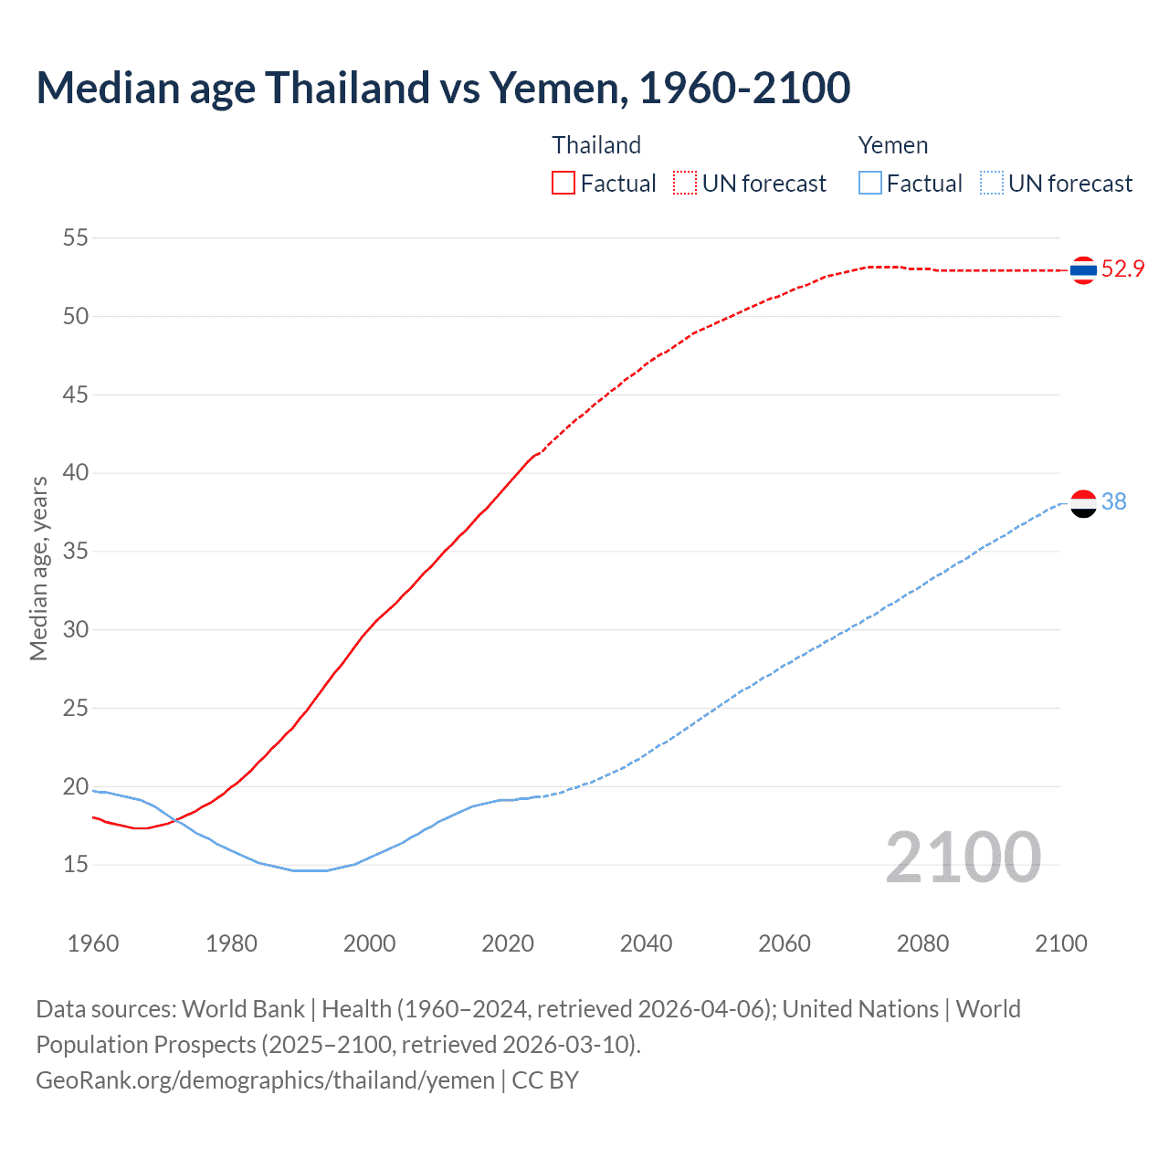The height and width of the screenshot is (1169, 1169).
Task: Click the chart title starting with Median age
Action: click(x=443, y=89)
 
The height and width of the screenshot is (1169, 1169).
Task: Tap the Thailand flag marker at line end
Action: click(x=1083, y=269)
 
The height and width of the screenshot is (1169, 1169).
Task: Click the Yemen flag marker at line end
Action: click(x=1083, y=503)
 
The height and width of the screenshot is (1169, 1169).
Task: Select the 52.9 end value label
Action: click(x=1122, y=269)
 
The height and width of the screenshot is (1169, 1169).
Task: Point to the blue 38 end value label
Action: click(x=1113, y=501)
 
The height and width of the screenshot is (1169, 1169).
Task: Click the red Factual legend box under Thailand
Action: click(x=563, y=184)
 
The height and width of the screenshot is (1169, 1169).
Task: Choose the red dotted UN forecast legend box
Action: click(x=685, y=184)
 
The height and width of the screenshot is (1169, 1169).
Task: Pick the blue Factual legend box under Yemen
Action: click(x=870, y=184)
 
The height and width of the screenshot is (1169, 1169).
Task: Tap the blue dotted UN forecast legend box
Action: click(x=992, y=184)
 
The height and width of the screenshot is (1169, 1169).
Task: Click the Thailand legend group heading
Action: click(x=596, y=145)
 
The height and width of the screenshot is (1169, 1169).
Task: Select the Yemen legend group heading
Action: click(x=892, y=145)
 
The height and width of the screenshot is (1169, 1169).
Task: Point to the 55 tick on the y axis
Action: click(x=76, y=238)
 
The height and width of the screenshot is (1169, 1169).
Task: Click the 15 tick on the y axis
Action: click(x=76, y=864)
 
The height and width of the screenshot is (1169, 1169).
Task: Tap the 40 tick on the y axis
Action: click(x=76, y=473)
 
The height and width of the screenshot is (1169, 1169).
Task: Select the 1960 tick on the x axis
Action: click(x=93, y=943)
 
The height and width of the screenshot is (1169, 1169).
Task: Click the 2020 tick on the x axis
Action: click(x=508, y=943)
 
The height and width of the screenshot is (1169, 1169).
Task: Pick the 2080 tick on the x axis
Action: click(x=922, y=943)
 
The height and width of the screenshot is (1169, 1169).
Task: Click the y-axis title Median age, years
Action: click(x=38, y=568)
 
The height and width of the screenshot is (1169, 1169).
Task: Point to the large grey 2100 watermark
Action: click(x=963, y=857)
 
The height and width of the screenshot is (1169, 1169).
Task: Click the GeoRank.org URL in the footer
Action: click(x=265, y=1080)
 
